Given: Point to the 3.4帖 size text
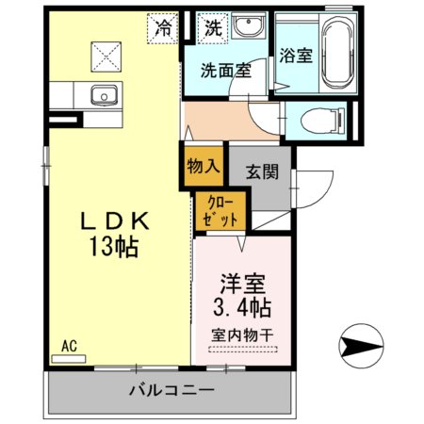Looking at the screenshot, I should tap(244, 308).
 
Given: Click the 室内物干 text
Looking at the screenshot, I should tap(244, 334).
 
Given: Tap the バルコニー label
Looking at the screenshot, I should tap(171, 389).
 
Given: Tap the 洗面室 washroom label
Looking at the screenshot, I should tap(224, 70).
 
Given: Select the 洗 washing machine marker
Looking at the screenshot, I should tap(214, 28).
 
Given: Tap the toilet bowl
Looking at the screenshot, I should tap(317, 121).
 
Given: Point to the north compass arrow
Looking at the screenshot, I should tap(362, 346).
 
